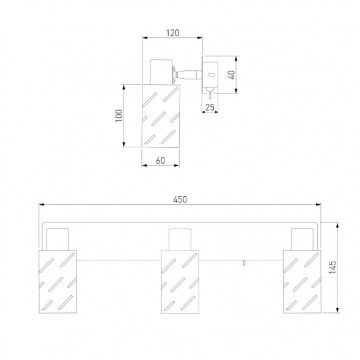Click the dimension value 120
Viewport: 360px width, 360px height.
pos(172,33)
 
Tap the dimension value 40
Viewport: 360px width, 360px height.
pos(232,75)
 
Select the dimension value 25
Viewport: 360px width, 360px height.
pos(210,108)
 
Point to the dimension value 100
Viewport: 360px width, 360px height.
pos(119,116)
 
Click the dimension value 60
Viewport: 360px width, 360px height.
pos(161,161)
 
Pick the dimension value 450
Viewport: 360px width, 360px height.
pos(180,199)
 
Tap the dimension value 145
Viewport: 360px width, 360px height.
pos(332,267)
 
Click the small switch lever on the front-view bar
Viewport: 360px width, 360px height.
pos(244,263)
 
